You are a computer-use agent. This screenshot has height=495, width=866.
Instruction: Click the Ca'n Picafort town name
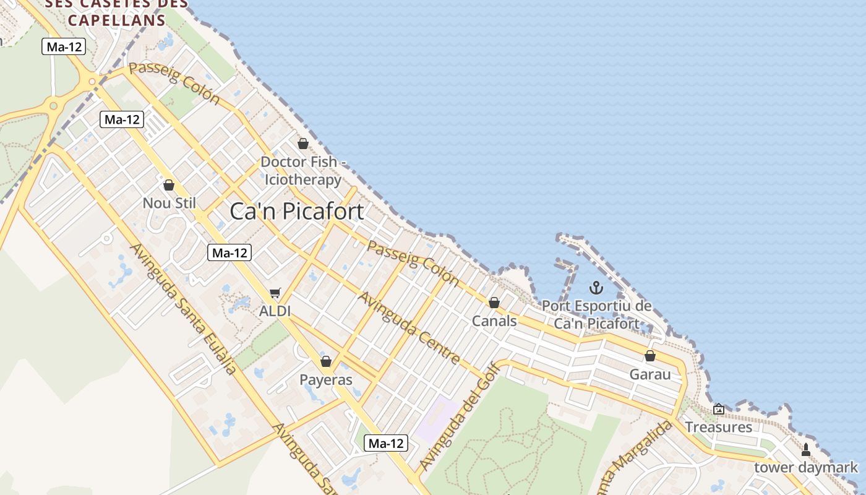click(296, 212)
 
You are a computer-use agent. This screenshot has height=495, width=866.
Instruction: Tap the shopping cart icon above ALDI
click(275, 293)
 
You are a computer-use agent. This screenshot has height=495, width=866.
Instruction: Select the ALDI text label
click(275, 311)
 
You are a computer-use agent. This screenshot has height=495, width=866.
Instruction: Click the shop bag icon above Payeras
click(326, 361)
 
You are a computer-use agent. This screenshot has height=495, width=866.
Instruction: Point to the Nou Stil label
click(169, 203)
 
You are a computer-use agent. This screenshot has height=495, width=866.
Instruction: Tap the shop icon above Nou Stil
click(169, 185)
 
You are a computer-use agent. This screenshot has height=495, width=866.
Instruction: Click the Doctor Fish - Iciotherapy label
click(302, 171)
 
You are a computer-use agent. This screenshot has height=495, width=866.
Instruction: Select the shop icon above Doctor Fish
click(303, 144)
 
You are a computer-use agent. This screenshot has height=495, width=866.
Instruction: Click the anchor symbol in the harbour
click(596, 288)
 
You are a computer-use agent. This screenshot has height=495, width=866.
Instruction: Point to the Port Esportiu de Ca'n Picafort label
click(597, 314)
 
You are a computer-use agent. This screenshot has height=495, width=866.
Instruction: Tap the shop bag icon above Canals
click(494, 303)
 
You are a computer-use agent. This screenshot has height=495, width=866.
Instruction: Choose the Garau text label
click(650, 374)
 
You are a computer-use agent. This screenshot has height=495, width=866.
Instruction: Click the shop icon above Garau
click(650, 356)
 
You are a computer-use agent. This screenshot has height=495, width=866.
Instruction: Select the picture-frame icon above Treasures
click(719, 409)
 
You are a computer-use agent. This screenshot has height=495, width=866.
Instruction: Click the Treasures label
click(718, 427)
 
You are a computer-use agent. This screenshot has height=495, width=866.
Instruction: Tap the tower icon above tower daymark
click(805, 450)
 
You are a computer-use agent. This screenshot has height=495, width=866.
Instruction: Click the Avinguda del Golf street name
click(450, 416)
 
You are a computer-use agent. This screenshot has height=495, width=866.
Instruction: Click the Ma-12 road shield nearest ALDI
click(229, 252)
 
